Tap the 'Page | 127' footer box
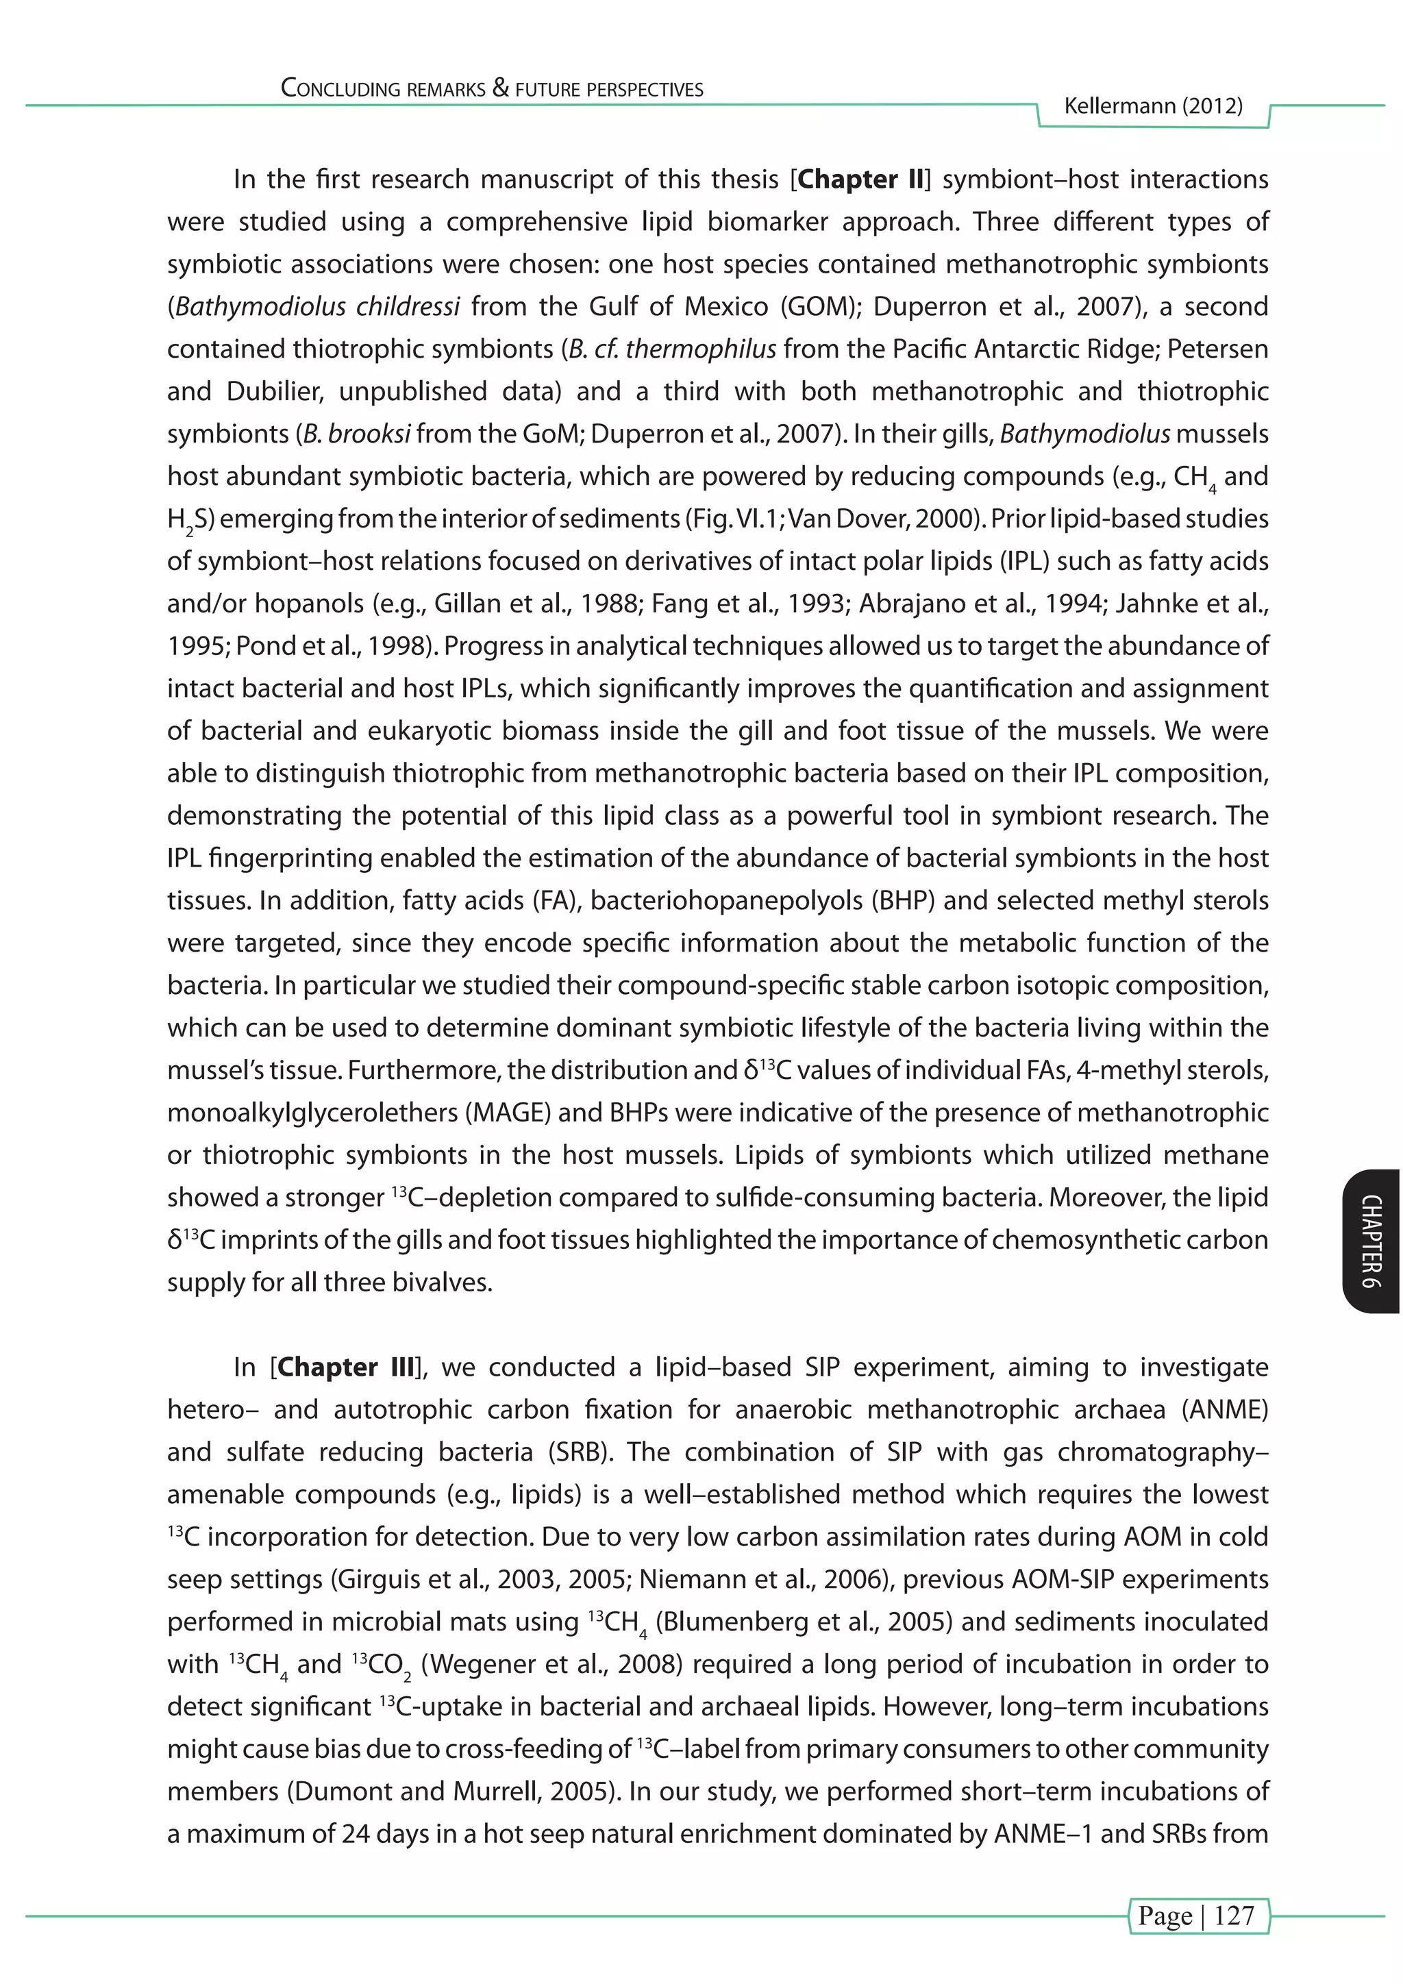pyautogui.click(x=1197, y=1915)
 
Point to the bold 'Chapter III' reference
pyautogui.click(x=345, y=1367)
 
